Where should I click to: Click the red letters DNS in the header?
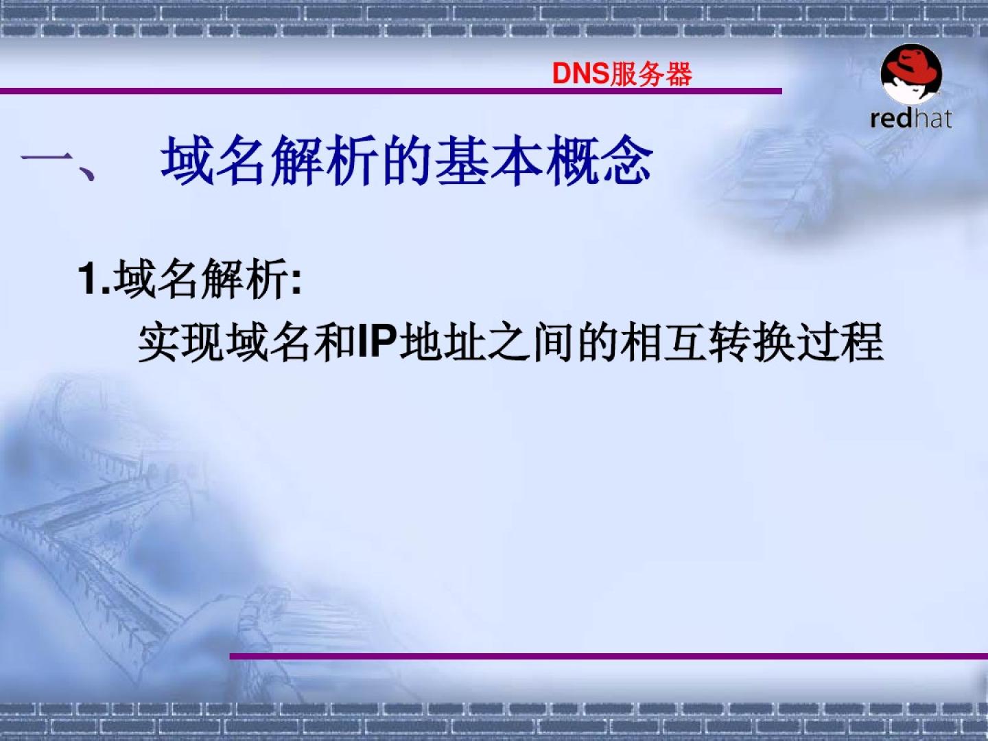pos(580,74)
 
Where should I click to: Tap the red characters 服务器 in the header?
pos(651,74)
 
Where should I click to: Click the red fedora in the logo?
pos(910,67)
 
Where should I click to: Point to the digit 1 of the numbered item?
pos(88,279)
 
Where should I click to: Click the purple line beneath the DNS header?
pos(390,91)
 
